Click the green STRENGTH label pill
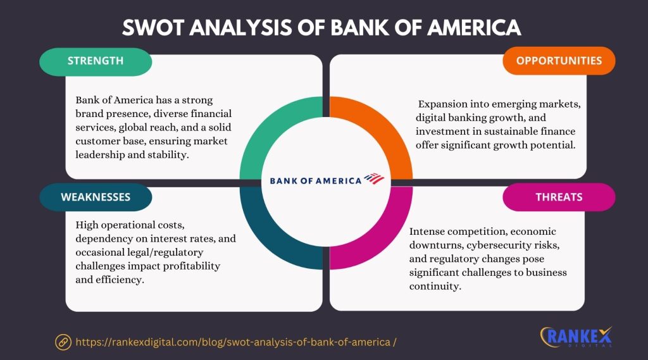point(95,61)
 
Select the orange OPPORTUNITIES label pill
point(559,61)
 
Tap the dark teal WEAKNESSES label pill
point(96,197)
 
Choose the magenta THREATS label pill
point(559,197)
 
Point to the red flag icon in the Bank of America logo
point(374,179)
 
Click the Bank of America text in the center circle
point(315,180)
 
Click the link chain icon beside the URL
point(63,342)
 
